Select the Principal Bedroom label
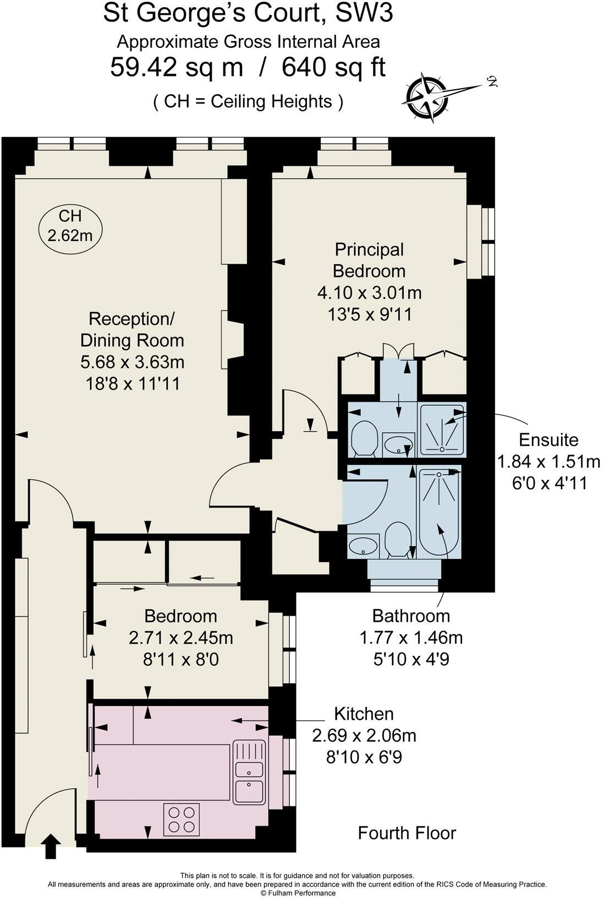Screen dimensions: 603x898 click(369, 260)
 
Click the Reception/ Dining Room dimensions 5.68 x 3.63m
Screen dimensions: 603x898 click(132, 362)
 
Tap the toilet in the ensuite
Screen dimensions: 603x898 click(364, 437)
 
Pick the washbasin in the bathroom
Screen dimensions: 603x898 click(363, 546)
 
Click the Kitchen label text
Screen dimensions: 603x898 click(364, 714)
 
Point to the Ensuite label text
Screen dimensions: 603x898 click(549, 440)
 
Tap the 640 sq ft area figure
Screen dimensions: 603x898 click(333, 67)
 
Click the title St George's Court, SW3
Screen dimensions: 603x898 click(248, 14)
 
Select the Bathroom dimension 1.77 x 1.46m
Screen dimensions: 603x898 click(411, 637)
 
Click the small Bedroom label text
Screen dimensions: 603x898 click(180, 616)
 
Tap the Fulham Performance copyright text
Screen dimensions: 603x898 click(298, 893)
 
